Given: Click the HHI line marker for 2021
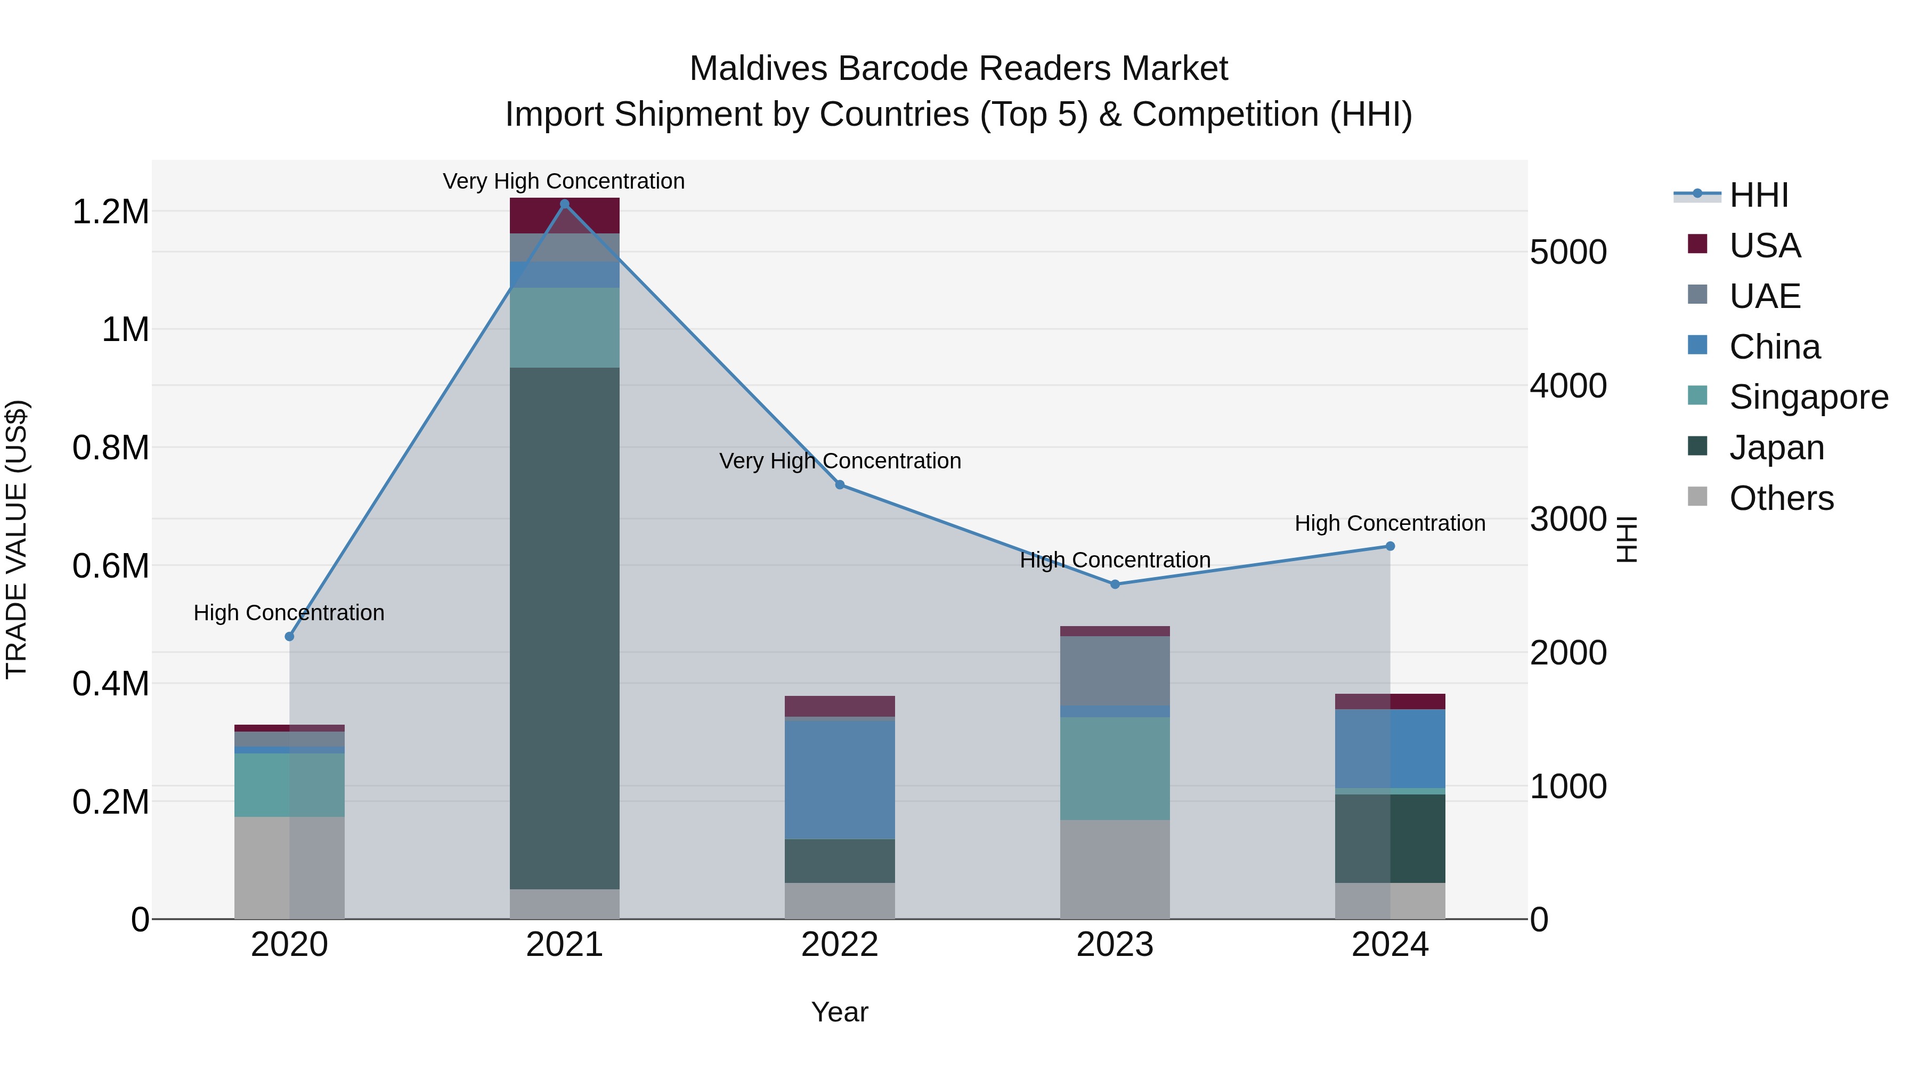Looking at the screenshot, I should point(564,204).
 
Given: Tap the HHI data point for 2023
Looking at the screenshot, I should point(1115,585).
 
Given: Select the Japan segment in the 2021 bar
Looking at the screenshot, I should point(564,628).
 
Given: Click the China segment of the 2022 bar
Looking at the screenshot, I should point(840,780).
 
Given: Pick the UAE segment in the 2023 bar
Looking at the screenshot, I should point(1115,670).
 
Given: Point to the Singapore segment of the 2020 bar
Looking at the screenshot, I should point(290,785).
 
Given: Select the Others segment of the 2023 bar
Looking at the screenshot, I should point(1115,869).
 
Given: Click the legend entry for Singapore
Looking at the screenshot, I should point(1808,397).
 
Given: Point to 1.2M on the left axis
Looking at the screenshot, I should point(110,212).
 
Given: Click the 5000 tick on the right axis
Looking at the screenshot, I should point(1568,253).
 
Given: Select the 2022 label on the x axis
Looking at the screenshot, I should point(840,945).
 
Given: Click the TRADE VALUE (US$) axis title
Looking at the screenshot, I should point(17,539).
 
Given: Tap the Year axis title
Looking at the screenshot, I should point(840,1012).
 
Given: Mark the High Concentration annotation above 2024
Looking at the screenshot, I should point(1389,523).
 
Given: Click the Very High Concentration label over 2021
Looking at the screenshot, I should point(564,181).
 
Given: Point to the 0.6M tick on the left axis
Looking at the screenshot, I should point(110,566).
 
